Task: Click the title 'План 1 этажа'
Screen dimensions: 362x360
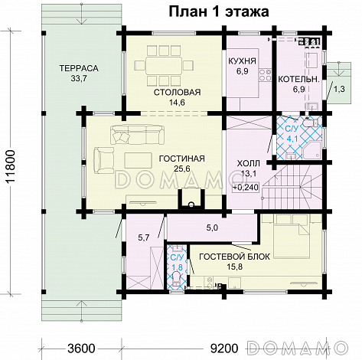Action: click(219, 11)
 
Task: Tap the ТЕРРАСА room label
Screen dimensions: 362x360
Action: click(79, 68)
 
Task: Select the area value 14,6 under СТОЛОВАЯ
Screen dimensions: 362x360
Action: click(177, 103)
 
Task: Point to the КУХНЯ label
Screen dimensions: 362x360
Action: click(242, 61)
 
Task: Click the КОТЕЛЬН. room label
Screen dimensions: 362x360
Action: click(298, 79)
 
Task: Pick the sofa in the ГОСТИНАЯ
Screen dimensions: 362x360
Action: click(136, 135)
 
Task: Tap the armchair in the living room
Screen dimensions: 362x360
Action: click(104, 160)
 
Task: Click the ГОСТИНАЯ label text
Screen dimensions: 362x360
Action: click(181, 159)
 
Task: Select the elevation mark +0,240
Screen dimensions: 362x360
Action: click(246, 187)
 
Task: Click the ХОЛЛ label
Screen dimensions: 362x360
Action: click(249, 163)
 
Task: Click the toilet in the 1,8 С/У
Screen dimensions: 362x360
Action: click(176, 278)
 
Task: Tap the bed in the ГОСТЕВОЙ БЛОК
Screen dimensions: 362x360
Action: click(292, 235)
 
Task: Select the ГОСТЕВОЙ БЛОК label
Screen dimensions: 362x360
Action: click(234, 257)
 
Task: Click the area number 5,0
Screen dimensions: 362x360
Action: click(212, 227)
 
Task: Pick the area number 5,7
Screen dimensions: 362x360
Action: click(144, 237)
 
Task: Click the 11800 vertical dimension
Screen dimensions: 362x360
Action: click(11, 166)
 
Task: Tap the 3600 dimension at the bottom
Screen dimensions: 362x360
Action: click(81, 348)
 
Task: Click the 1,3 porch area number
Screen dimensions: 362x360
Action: click(339, 89)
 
